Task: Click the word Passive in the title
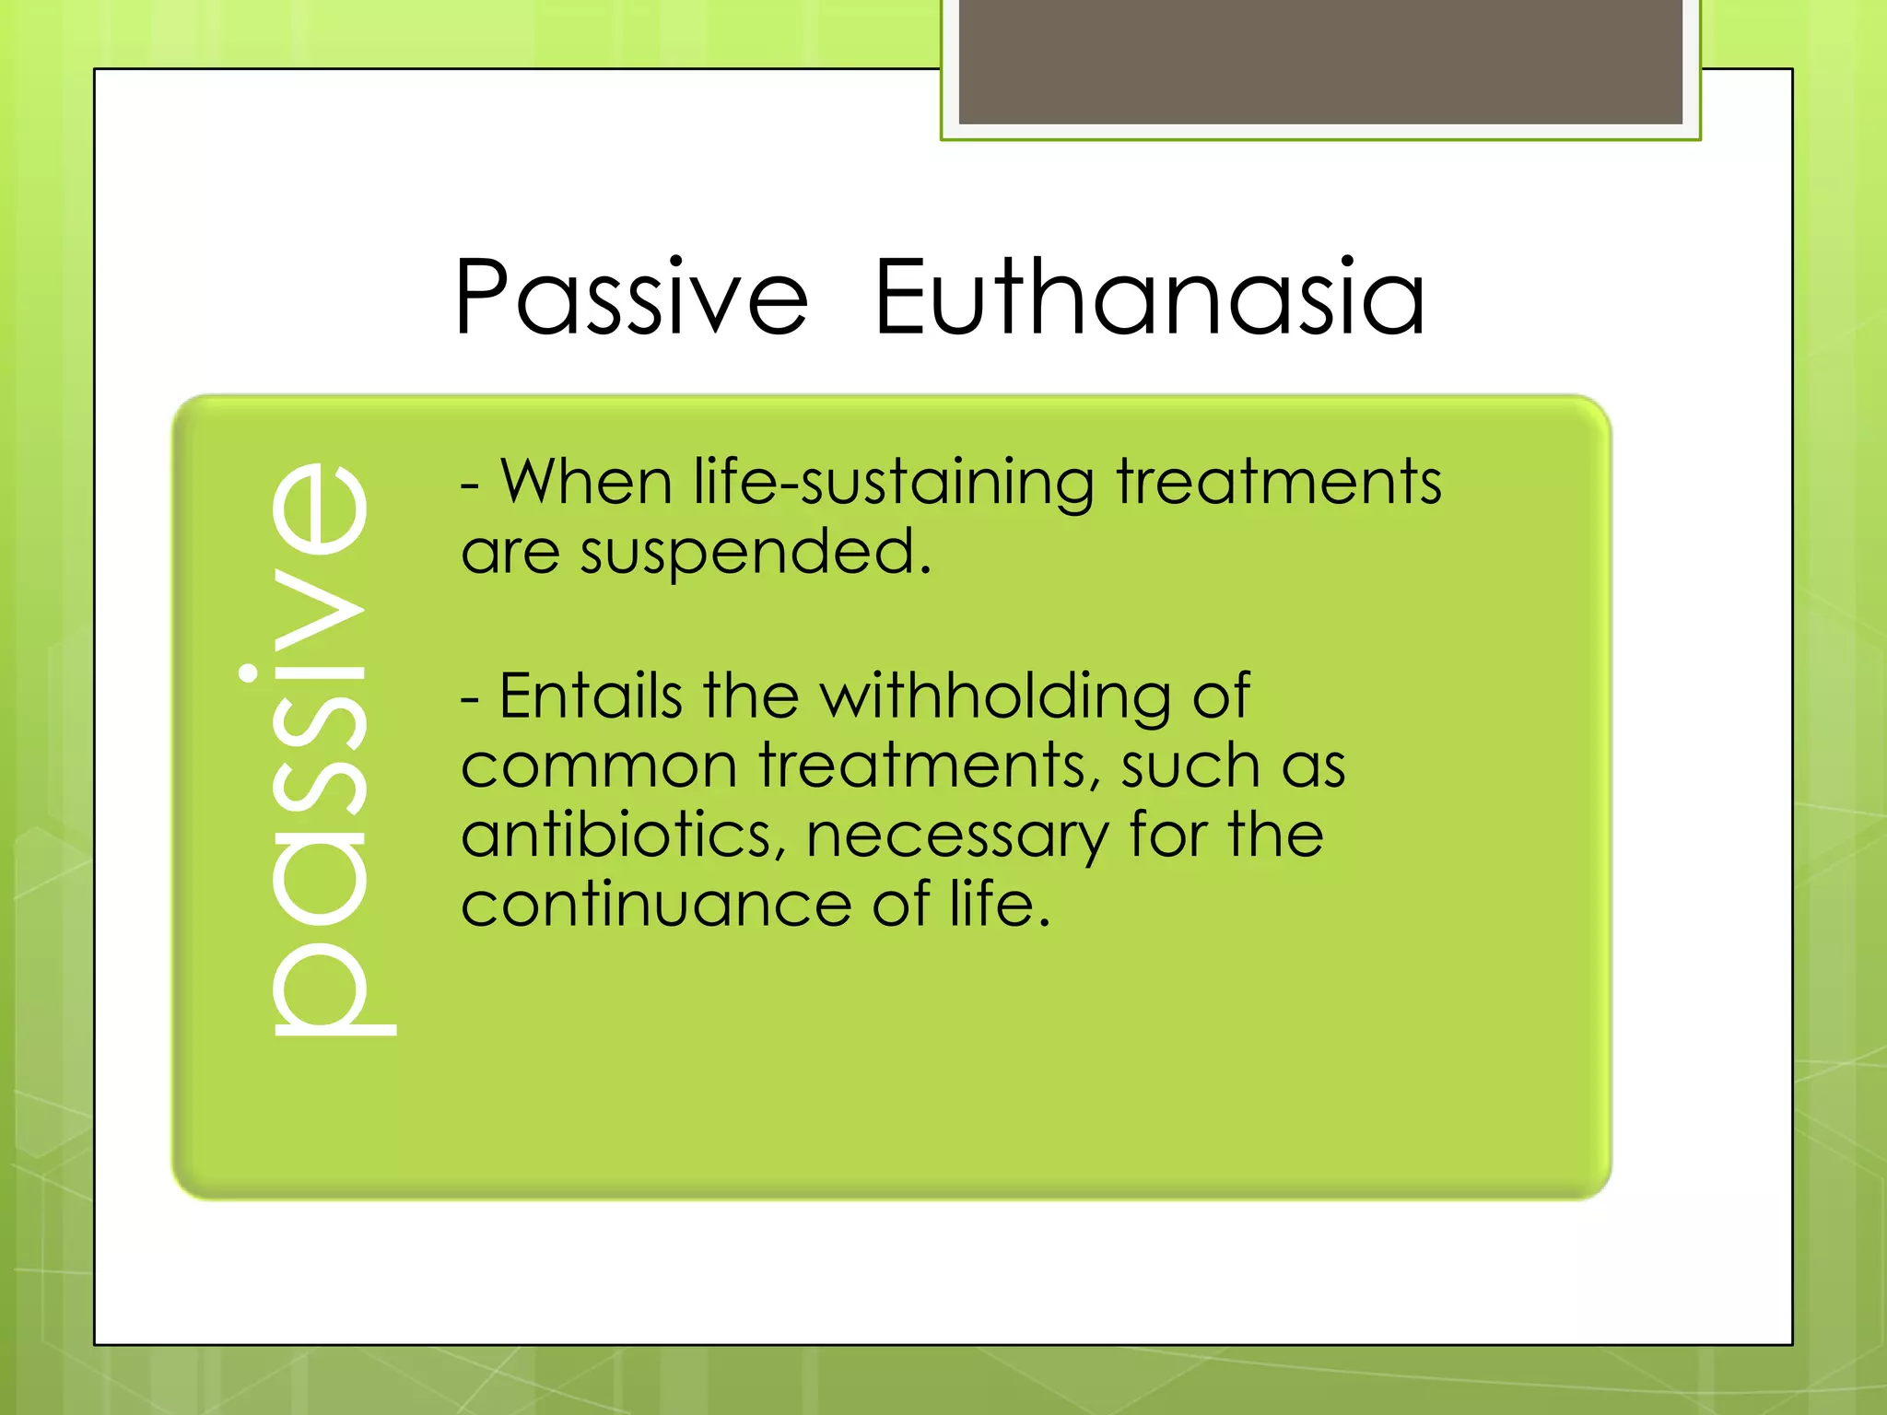click(x=631, y=298)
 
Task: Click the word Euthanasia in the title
click(x=1149, y=297)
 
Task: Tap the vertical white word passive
click(x=318, y=746)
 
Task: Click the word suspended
click(x=756, y=553)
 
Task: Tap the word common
click(x=599, y=766)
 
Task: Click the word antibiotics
click(x=624, y=836)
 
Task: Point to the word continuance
click(x=656, y=905)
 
